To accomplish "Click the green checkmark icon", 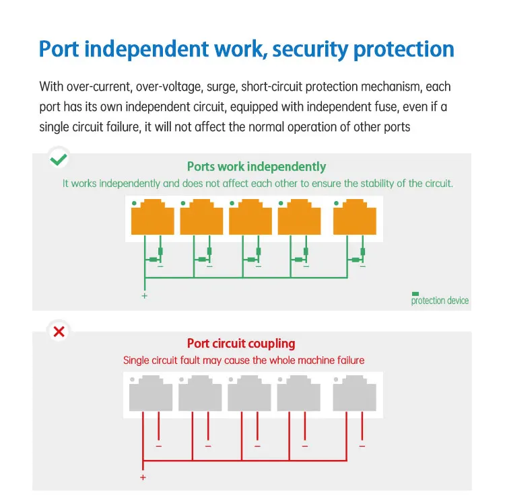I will pos(59,159).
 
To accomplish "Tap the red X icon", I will pos(59,331).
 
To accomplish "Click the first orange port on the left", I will pos(153,218).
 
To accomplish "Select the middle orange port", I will pos(250,218).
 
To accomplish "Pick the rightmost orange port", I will pos(355,218).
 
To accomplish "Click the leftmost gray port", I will pos(151,393).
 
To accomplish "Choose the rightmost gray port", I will pos(354,393).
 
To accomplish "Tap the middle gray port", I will pos(249,393).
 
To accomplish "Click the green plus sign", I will pos(144,296).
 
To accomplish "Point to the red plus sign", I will pos(143,477).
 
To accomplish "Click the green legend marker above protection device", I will pos(415,293).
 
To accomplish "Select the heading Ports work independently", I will pos(256,167).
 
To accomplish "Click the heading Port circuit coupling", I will pos(241,344).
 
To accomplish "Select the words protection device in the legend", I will pos(440,301).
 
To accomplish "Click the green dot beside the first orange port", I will pos(135,203).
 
